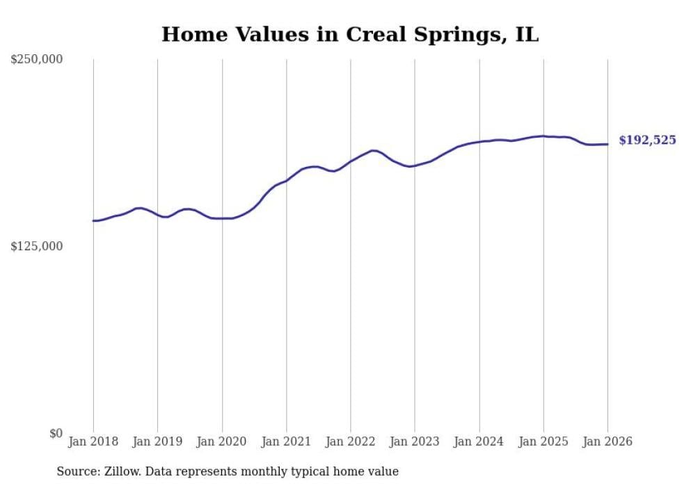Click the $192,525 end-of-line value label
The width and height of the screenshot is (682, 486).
[x=647, y=140]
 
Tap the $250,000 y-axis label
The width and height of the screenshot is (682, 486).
[x=36, y=60]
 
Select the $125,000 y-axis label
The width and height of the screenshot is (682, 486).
[x=36, y=246]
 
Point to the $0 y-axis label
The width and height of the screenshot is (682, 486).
[x=55, y=433]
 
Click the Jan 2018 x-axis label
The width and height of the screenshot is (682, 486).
[x=93, y=442]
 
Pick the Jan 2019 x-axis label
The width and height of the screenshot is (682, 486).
[x=157, y=442]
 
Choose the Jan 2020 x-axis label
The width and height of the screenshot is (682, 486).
[x=222, y=442]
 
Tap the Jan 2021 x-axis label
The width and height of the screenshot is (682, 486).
[x=286, y=442]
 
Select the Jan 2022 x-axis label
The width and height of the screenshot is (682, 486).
[x=351, y=442]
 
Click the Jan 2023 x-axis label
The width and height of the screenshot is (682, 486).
[x=415, y=442]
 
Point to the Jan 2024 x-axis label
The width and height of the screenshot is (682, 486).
[x=479, y=442]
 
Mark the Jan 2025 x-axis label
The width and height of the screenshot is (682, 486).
[x=544, y=442]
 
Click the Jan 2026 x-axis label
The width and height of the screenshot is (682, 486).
[x=608, y=442]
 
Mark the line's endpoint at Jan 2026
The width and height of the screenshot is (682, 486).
[x=608, y=144]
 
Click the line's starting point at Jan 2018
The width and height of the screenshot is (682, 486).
[x=93, y=220]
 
